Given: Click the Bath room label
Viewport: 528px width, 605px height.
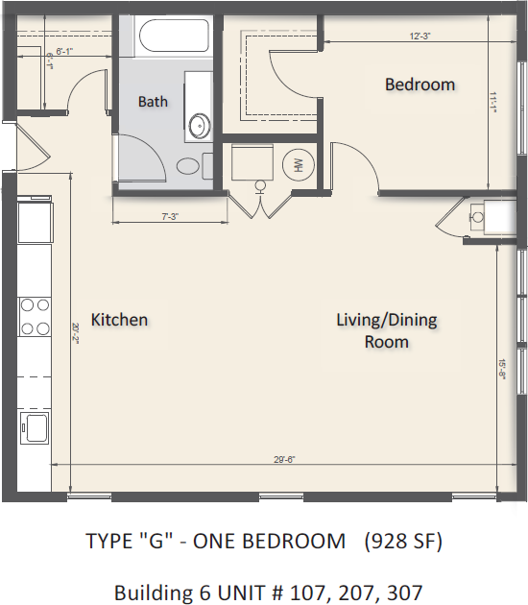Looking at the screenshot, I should (x=153, y=101).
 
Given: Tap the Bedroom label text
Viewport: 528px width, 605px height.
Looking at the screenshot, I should (x=420, y=85).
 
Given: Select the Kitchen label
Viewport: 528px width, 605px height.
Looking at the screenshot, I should (x=119, y=319).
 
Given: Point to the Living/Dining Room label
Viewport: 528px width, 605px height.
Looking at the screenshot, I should (x=386, y=330).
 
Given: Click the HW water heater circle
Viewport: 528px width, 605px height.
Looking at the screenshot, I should (x=297, y=165).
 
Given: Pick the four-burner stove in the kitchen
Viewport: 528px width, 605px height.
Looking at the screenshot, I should (x=36, y=317).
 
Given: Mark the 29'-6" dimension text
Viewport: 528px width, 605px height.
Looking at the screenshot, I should (x=283, y=460).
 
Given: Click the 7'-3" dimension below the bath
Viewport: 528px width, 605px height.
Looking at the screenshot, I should (x=169, y=217).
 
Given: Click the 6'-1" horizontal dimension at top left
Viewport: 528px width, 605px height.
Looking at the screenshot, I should (x=65, y=50).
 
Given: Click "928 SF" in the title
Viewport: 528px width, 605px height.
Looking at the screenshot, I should (x=403, y=542).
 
